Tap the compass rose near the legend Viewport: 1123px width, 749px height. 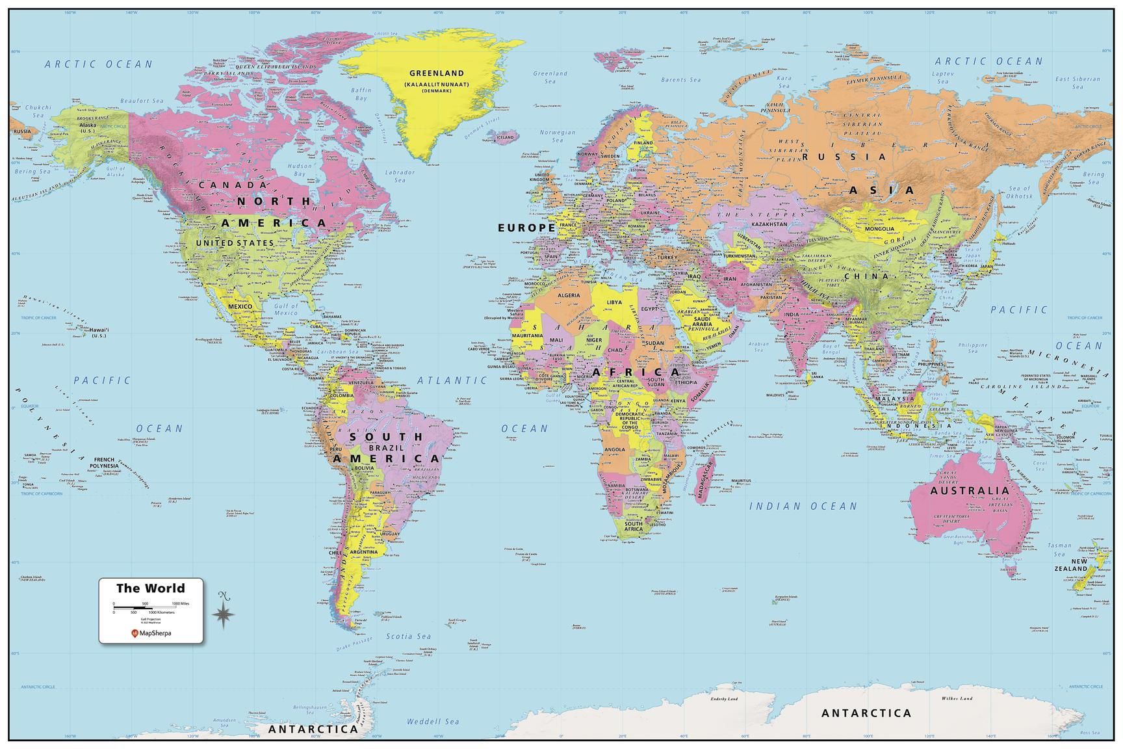tap(224, 611)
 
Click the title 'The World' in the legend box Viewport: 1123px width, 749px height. tap(150, 588)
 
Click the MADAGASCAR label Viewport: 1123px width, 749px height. tap(704, 478)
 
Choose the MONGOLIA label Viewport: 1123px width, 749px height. tap(879, 228)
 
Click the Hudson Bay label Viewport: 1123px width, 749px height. tap(300, 170)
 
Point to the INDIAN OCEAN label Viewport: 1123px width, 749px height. tap(803, 506)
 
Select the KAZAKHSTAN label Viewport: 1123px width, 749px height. tap(769, 224)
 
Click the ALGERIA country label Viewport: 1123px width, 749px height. tap(569, 295)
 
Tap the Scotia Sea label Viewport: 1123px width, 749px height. tap(408, 637)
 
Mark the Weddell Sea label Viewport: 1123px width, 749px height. tap(432, 721)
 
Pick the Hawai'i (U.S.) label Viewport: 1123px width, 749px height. tap(99, 333)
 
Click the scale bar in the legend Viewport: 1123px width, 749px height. tap(150, 607)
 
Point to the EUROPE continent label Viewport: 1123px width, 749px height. tap(526, 228)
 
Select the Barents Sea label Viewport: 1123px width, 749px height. tap(681, 80)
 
